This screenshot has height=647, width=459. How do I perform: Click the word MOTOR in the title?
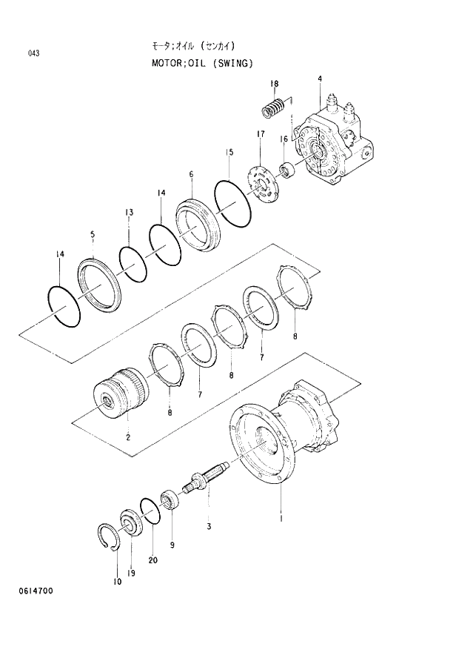click(167, 63)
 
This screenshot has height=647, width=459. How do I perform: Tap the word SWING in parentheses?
click(234, 63)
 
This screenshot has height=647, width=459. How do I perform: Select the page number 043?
click(34, 53)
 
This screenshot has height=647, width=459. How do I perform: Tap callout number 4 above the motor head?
click(319, 79)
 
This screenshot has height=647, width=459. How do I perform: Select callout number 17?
click(260, 133)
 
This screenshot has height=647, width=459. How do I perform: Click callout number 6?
click(191, 175)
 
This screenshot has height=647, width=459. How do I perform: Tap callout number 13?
click(129, 213)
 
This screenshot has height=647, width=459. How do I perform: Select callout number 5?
click(93, 235)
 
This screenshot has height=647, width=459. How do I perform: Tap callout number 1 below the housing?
click(281, 518)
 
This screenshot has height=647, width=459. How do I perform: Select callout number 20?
click(153, 560)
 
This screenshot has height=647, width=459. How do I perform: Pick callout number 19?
click(132, 573)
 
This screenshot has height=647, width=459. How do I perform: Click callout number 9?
click(172, 545)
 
